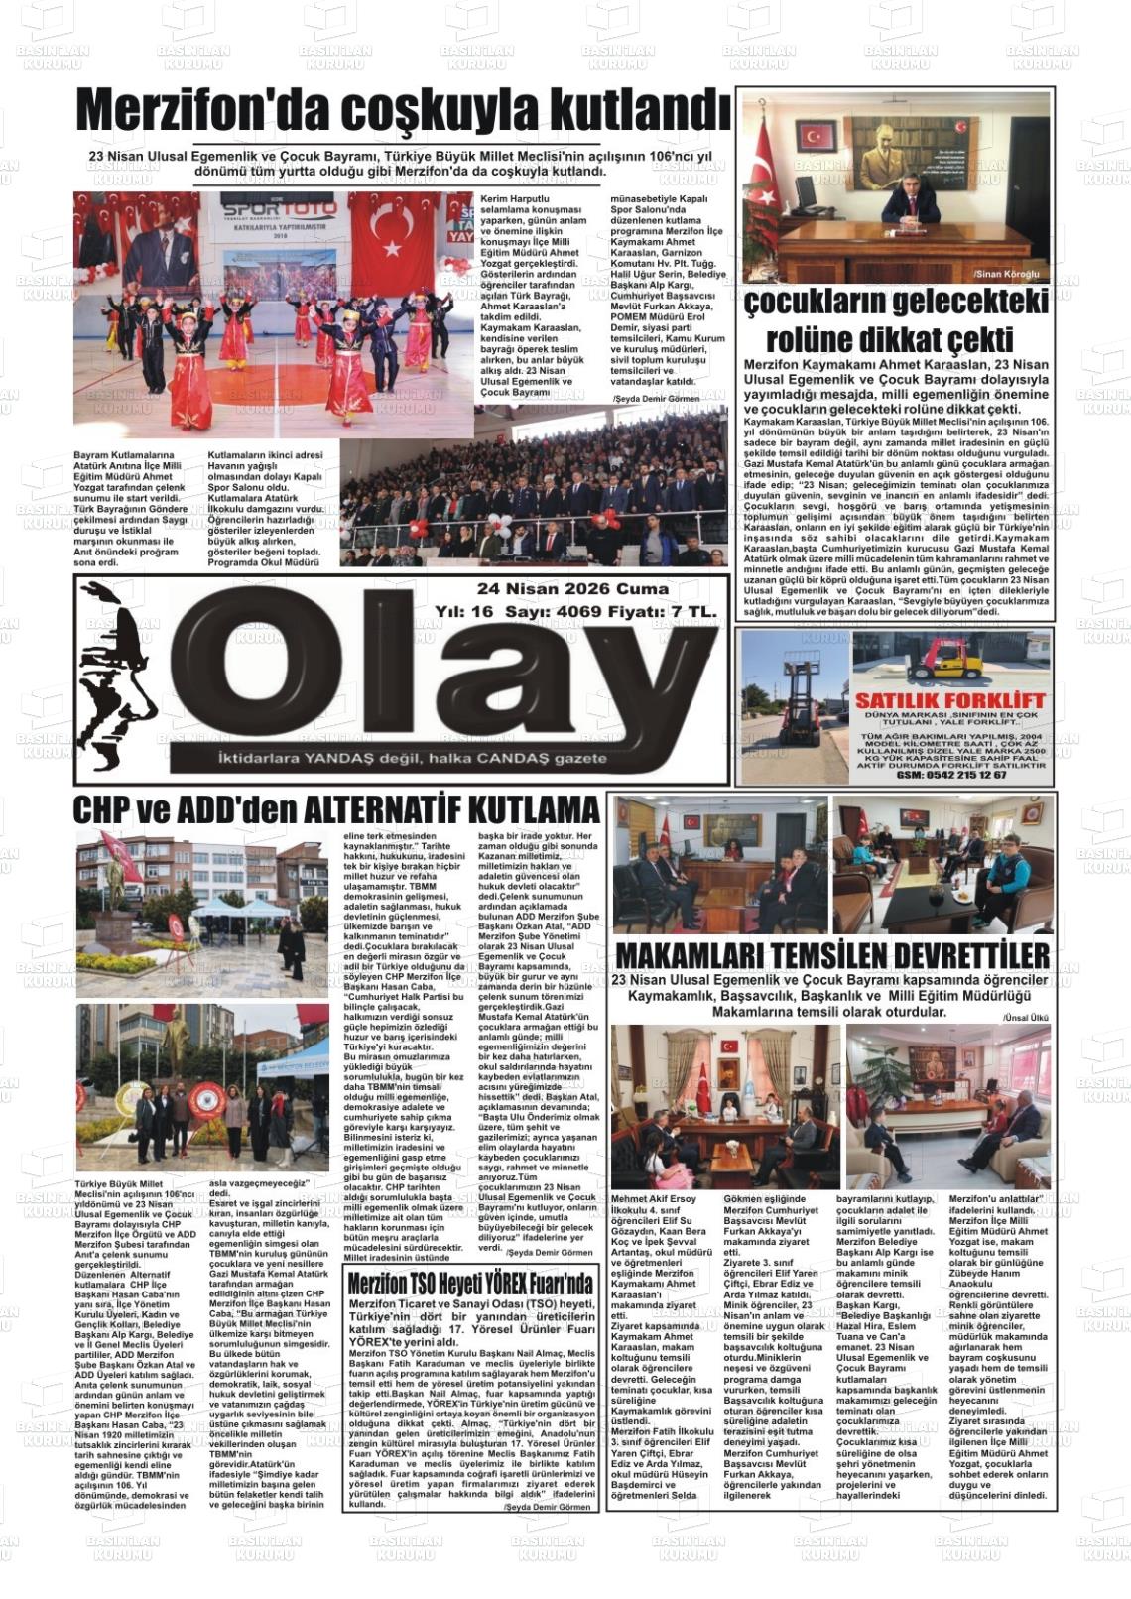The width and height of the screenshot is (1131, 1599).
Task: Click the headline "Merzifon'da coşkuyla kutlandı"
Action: [403, 111]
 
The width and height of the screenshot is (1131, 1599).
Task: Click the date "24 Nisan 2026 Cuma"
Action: [572, 589]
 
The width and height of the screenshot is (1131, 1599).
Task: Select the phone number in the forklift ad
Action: [951, 775]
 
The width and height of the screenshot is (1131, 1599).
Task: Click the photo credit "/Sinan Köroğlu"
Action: [1006, 273]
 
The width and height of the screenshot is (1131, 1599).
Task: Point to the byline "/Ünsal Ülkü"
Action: [1025, 1018]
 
